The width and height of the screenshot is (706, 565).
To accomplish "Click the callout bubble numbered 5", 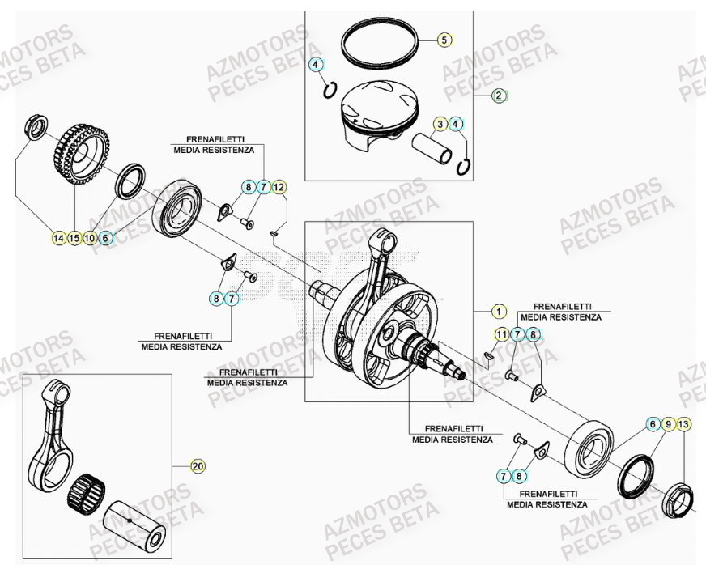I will point(444,39).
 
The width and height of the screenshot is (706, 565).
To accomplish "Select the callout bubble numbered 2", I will point(500,96).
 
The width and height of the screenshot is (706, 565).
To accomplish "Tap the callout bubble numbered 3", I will point(440,124).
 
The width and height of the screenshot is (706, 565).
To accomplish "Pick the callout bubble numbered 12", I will point(279,188).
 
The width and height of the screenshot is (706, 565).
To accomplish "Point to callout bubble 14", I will point(58,238).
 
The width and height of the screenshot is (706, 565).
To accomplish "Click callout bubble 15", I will point(74,238).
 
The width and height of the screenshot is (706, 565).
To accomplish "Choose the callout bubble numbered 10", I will point(89,238).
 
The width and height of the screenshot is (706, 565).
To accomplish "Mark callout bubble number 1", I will point(499,312).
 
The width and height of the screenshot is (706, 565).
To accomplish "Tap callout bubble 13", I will point(684,424).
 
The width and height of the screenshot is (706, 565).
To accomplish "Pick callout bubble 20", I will point(197,466).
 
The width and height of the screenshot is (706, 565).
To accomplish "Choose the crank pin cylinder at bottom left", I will point(136,523).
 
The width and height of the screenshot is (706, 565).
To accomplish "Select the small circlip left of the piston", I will point(330,89).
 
